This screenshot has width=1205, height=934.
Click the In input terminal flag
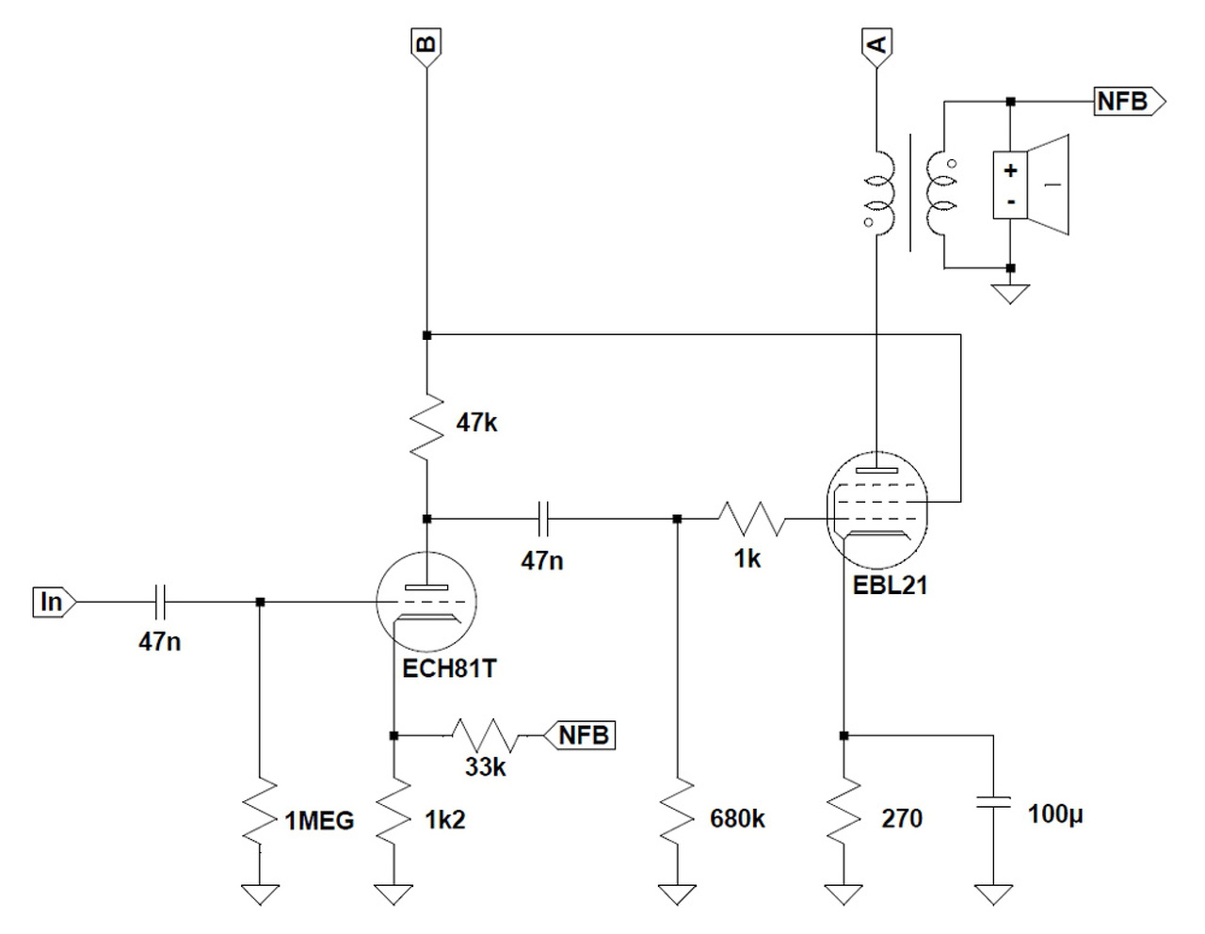pos(54,602)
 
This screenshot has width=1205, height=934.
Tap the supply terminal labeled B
pos(426,48)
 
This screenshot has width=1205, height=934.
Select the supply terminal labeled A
pos(876,48)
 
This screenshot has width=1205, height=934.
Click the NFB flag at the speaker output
pos(1130,102)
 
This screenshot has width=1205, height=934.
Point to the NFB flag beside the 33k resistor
pos(580,735)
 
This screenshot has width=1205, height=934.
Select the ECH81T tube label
pos(449,668)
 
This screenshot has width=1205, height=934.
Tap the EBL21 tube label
pos(890,586)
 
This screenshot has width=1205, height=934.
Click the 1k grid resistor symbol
pos(752,519)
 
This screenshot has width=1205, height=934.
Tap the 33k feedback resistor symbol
pos(485,735)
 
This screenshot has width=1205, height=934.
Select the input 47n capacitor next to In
pos(160,602)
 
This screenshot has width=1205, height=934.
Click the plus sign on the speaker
pos(1010,170)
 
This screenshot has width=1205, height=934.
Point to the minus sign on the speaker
pos(1010,201)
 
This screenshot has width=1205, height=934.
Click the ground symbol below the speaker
pos(1010,294)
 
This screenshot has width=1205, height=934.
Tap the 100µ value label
pos(1055,814)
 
